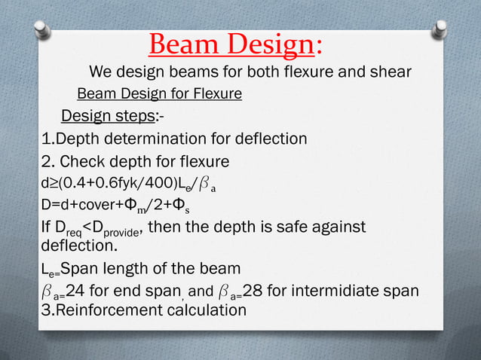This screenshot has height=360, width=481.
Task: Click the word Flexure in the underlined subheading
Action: click(216, 94)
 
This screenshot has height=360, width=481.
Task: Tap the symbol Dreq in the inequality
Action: click(68, 228)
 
